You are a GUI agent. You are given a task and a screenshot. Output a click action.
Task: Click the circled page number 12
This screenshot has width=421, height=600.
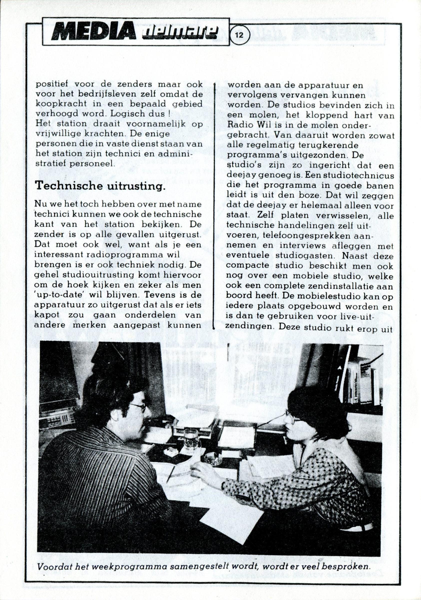coord(240,35)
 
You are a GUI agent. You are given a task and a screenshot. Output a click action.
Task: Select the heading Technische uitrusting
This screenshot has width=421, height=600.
coord(100,186)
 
